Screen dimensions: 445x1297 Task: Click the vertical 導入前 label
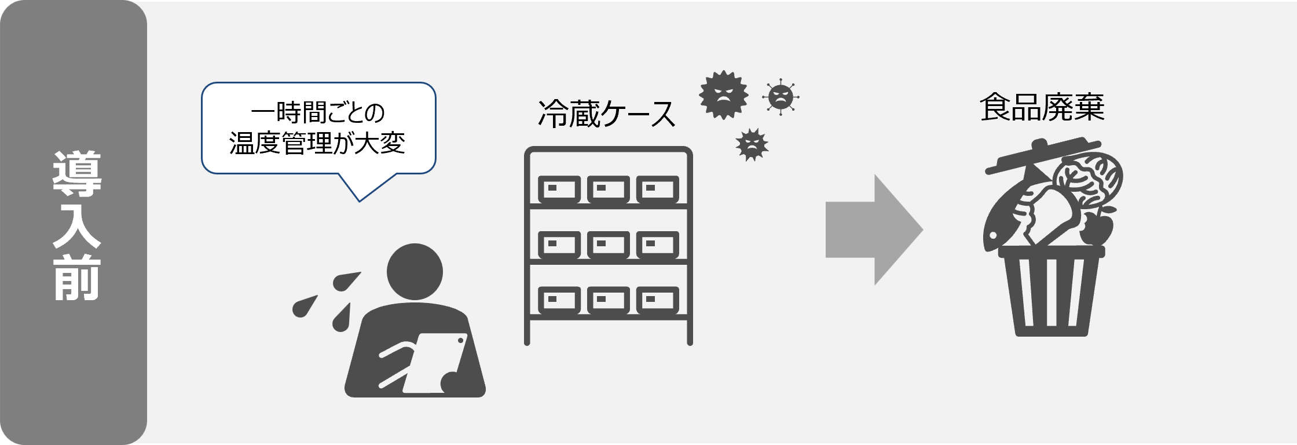coord(77,226)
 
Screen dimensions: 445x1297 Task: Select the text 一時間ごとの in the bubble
coord(318,114)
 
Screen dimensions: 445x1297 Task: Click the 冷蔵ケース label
coord(607,114)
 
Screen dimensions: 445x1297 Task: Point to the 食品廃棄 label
coord(1042,108)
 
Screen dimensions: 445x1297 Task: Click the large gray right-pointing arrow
coord(873,229)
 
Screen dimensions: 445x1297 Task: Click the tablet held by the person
coord(434,362)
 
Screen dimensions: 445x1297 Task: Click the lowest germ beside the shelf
coord(752,145)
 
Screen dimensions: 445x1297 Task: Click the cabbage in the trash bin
coord(1089,180)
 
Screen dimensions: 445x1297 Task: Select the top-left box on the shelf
coord(559,189)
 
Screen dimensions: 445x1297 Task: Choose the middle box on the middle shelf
coord(608,245)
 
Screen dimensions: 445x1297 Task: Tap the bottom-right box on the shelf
coord(657,300)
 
